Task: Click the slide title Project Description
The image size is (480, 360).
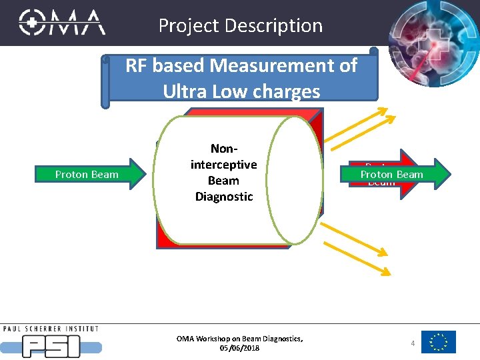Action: pyautogui.click(x=241, y=25)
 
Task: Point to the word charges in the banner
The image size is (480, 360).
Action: pyautogui.click(x=284, y=91)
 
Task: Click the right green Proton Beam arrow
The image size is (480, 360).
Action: pyautogui.click(x=397, y=174)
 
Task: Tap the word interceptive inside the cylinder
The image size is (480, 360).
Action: pyautogui.click(x=223, y=165)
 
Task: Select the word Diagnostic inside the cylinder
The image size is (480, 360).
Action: pyautogui.click(x=223, y=197)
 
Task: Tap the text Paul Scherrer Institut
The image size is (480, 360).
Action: pyautogui.click(x=51, y=329)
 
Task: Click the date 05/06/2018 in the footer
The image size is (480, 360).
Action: pyautogui.click(x=240, y=348)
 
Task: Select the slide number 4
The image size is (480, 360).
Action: pyautogui.click(x=413, y=343)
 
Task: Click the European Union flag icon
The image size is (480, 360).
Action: pyautogui.click(x=439, y=342)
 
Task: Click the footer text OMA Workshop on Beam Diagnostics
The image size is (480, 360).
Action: pyautogui.click(x=240, y=339)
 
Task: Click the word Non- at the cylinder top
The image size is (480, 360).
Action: pyautogui.click(x=223, y=149)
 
